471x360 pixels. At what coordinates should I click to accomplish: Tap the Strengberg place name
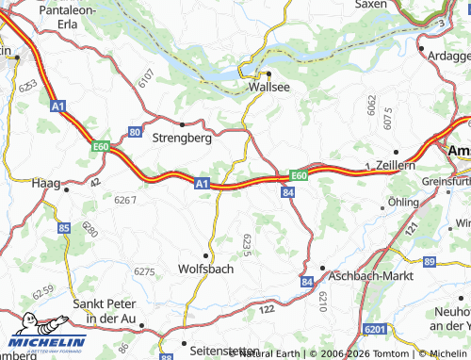pos(181,137)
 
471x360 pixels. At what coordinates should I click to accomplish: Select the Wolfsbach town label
pos(205,269)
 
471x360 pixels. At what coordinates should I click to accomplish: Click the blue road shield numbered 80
pos(136,132)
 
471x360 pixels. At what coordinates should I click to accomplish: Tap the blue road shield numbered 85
pos(63,228)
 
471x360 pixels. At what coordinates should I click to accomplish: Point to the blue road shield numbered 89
pos(430,260)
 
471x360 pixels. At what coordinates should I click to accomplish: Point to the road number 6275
pos(144,271)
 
